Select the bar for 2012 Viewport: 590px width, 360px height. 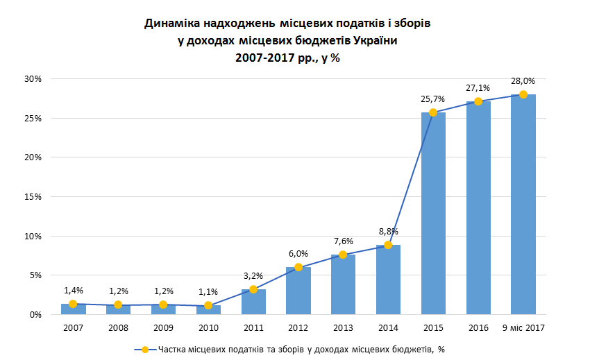[298, 291]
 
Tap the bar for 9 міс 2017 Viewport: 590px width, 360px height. [523, 205]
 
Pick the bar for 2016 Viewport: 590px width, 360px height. [478, 208]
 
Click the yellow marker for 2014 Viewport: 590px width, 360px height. [388, 245]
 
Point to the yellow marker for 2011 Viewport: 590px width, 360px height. [253, 289]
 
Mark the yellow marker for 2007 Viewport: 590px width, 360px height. [73, 304]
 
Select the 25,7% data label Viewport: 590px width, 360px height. [432, 99]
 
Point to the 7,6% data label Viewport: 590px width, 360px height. [343, 241]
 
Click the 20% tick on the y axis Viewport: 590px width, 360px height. [32, 157]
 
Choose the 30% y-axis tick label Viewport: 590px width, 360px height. [32, 79]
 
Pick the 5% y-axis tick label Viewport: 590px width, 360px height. [35, 275]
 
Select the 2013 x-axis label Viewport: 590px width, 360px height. [343, 327]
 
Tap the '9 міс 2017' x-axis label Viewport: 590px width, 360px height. [523, 327]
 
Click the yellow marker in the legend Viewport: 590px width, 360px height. [145, 349]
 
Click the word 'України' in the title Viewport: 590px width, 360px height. [375, 41]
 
